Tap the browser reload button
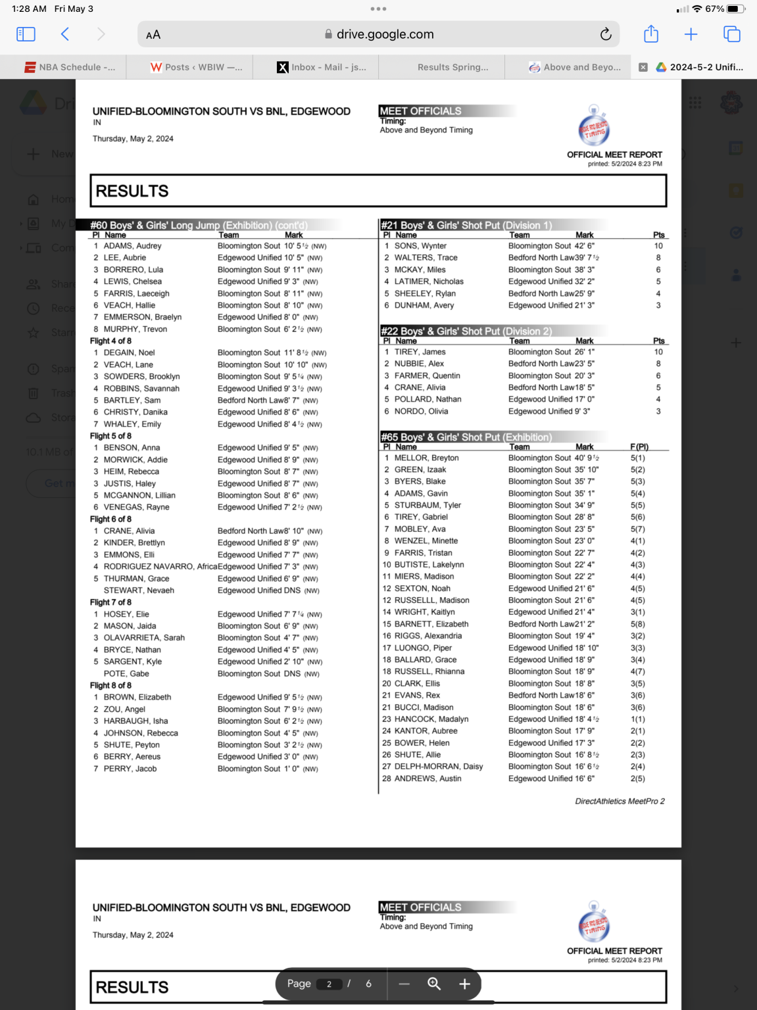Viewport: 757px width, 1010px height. coord(606,34)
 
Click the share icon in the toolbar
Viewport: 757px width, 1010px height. coord(650,34)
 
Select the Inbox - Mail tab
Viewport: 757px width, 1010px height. coord(322,67)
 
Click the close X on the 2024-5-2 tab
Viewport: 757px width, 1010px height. coord(643,67)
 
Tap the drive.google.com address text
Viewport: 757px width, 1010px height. coord(385,34)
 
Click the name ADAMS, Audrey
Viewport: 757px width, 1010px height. coord(132,246)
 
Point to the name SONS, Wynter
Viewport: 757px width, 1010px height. coord(420,246)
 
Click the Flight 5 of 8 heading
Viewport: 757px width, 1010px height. coord(110,436)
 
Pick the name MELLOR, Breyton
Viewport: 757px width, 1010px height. coord(426,458)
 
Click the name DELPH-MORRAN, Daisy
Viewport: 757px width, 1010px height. coord(438,766)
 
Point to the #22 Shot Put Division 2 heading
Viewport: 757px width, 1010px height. coord(466,331)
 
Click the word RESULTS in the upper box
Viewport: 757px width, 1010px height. coord(132,191)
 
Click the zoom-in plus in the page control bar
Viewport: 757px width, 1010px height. coord(464,984)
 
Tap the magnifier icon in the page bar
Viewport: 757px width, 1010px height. coord(434,984)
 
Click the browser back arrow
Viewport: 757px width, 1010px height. coord(65,34)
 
